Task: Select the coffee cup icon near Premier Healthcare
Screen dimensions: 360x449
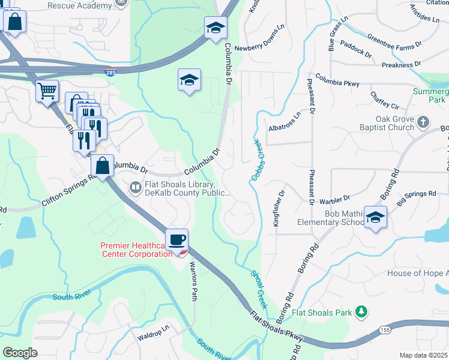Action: click(x=177, y=240)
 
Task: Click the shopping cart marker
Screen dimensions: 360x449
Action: click(x=47, y=92)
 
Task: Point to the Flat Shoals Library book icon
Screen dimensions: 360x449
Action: click(x=136, y=188)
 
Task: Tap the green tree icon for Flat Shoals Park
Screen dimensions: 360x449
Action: click(x=361, y=312)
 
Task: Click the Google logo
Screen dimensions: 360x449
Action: click(x=20, y=353)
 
